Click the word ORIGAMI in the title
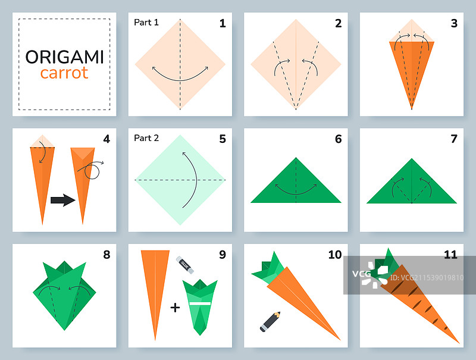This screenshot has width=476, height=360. pos(64,57)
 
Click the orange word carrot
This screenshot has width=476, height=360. pos(64,73)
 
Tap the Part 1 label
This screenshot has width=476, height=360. pos(146,23)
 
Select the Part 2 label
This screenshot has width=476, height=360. pos(146,138)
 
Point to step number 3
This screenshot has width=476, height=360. pos(454,23)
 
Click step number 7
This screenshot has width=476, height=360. pos(454,139)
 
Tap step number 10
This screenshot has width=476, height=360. pos(335,255)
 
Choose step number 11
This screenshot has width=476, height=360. pos(450,255)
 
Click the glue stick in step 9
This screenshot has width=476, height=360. pos(185,265)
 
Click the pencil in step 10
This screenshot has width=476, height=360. pos(270,321)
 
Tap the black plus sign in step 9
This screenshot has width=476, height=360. pos(175,308)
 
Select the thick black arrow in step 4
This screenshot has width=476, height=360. pos(63,200)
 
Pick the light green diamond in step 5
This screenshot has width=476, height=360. pos(180,180)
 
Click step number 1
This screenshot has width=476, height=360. pos(223,23)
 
